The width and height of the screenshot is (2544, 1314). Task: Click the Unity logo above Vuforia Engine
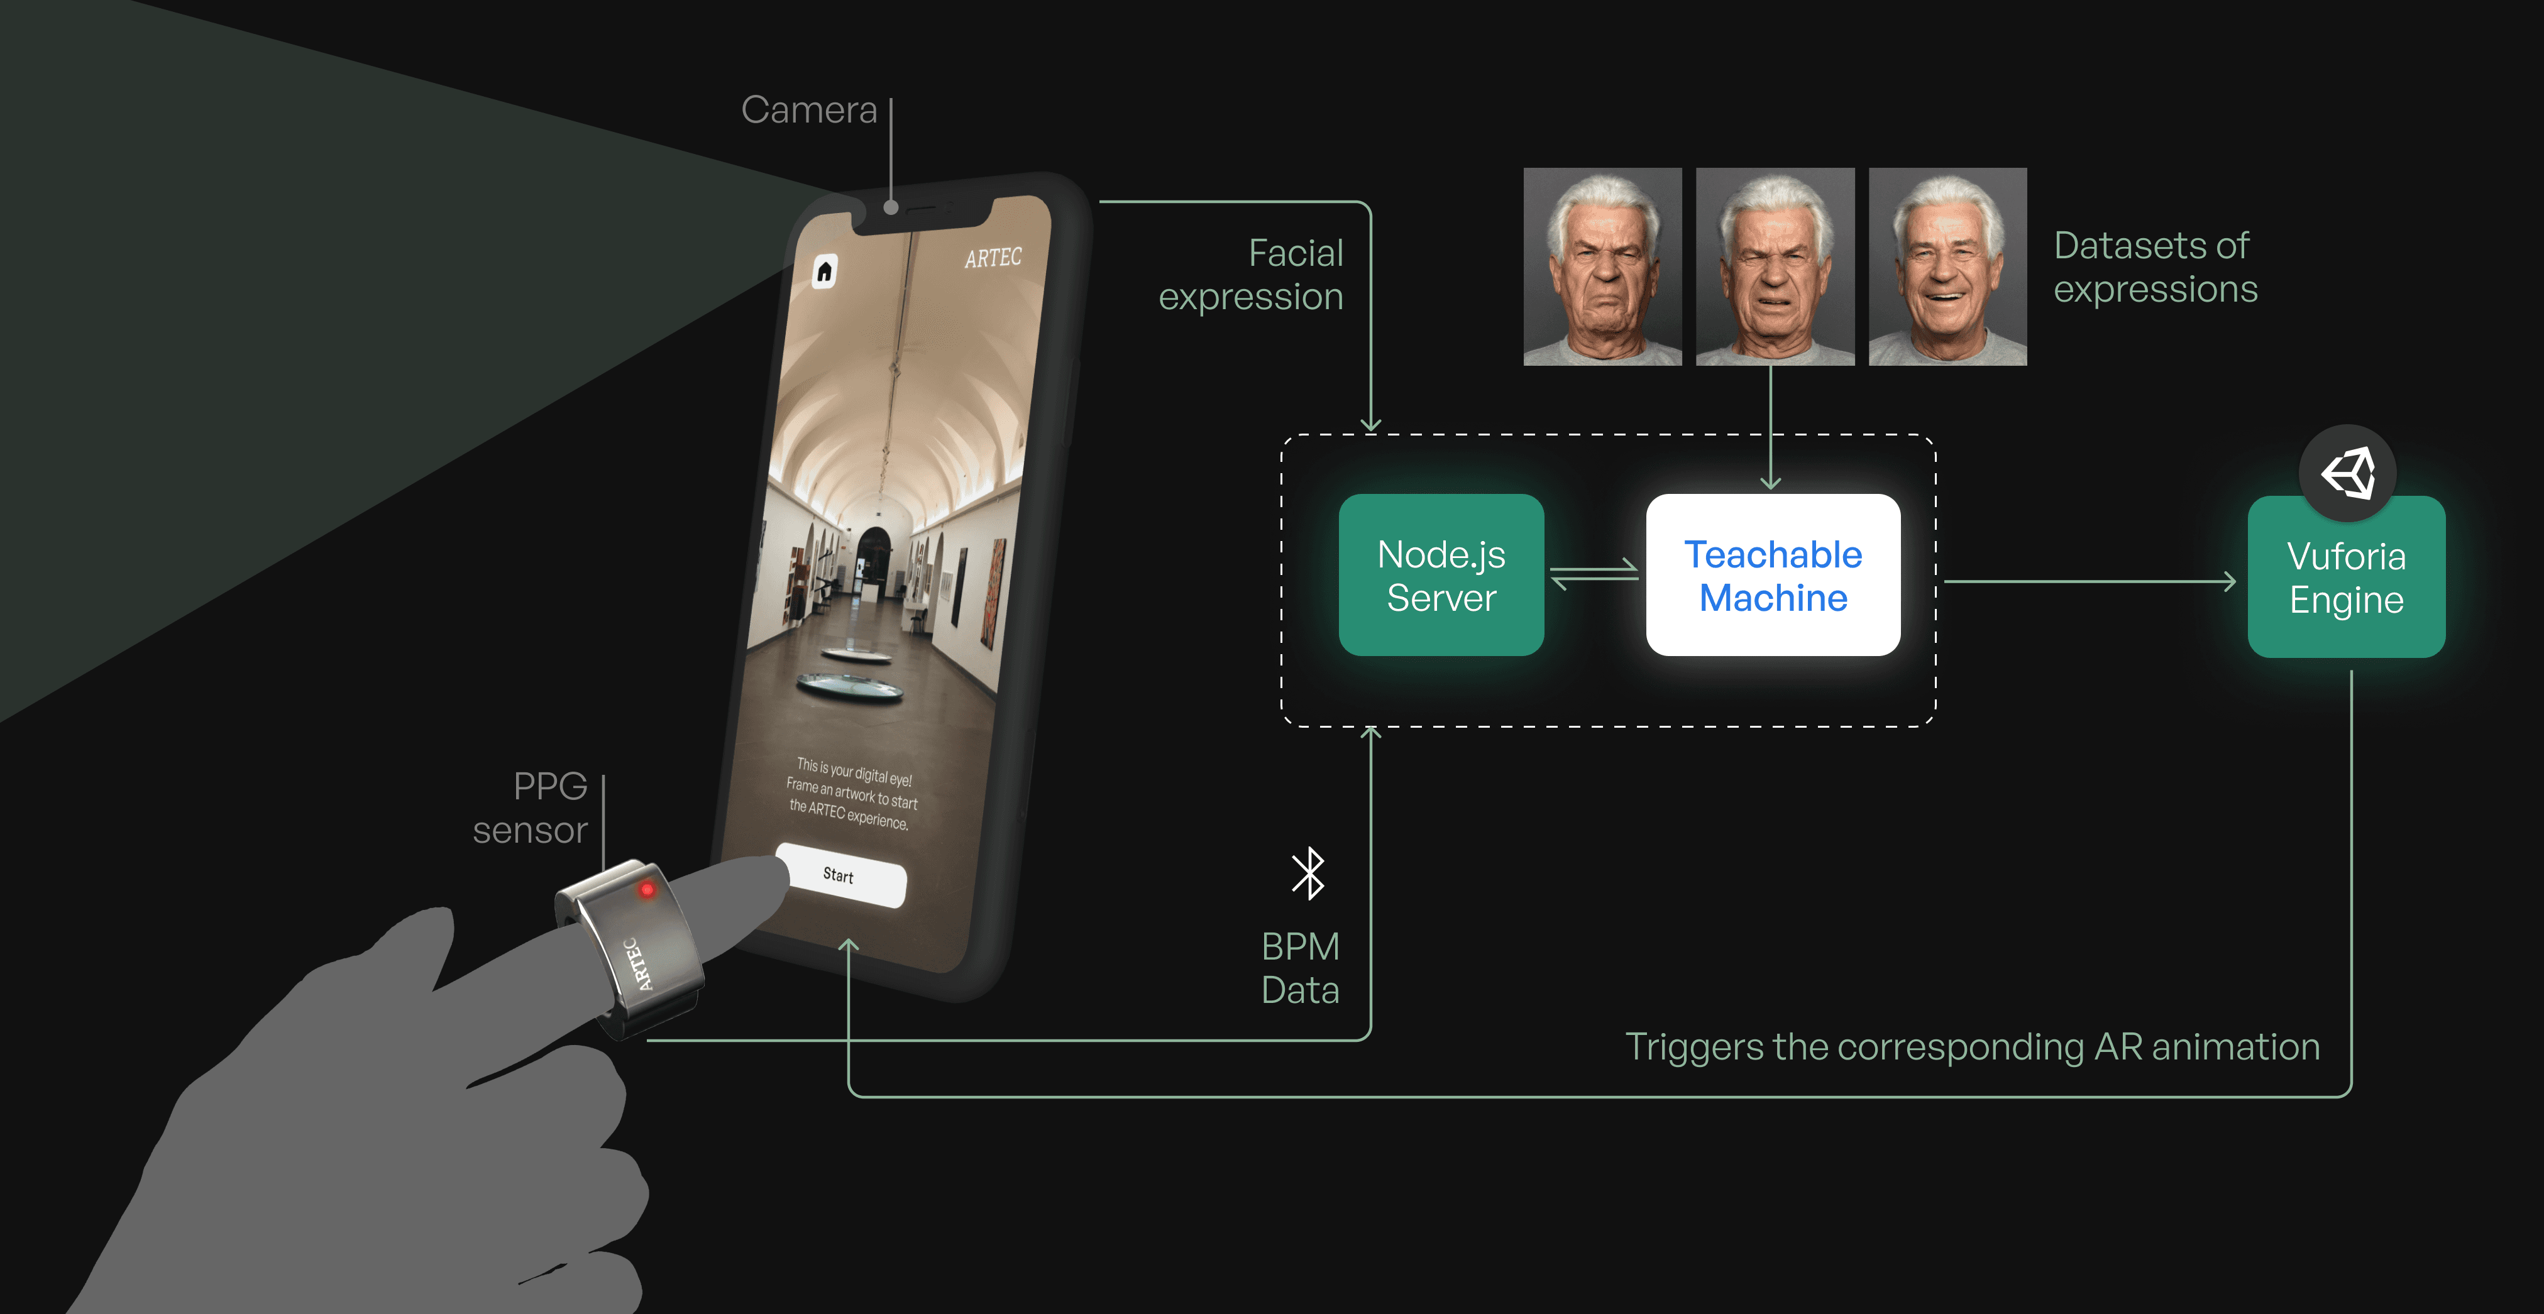(x=2347, y=473)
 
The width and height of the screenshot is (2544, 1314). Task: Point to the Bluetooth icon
(x=1309, y=873)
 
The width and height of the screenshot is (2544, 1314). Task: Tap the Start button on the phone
(x=839, y=875)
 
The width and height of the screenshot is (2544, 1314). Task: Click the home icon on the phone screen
(x=825, y=271)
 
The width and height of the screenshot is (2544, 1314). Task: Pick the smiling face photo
(x=1947, y=266)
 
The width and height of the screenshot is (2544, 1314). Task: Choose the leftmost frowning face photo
(x=1602, y=266)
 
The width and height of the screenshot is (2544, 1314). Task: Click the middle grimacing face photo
(x=1775, y=266)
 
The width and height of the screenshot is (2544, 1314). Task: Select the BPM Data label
(x=1299, y=968)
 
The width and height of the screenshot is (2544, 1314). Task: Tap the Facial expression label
(x=1252, y=275)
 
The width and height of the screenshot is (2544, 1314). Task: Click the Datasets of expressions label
(x=2155, y=266)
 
